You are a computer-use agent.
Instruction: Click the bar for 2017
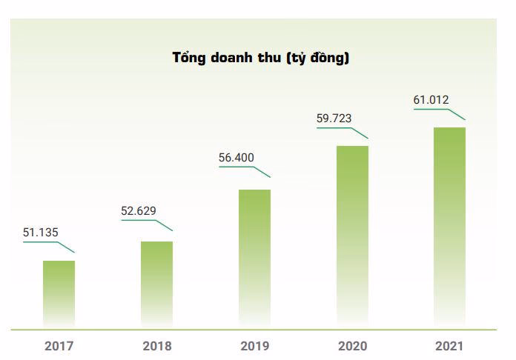pyautogui.click(x=59, y=293)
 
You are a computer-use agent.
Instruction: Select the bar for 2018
pyautogui.click(x=156, y=284)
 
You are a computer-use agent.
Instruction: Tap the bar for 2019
pyautogui.click(x=254, y=258)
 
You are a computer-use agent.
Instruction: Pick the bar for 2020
pyautogui.click(x=352, y=236)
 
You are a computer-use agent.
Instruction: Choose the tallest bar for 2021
pyautogui.click(x=449, y=227)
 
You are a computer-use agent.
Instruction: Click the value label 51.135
pyautogui.click(x=40, y=232)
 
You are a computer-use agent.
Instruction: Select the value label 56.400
pyautogui.click(x=236, y=157)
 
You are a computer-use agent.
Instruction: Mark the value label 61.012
pyautogui.click(x=432, y=100)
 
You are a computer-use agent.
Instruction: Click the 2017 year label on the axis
pyautogui.click(x=59, y=346)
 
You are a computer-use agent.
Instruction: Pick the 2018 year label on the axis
pyautogui.click(x=156, y=346)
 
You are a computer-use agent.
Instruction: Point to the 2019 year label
pyautogui.click(x=254, y=346)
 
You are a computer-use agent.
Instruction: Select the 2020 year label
pyautogui.click(x=352, y=346)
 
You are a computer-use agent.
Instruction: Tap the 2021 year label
pyautogui.click(x=450, y=346)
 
